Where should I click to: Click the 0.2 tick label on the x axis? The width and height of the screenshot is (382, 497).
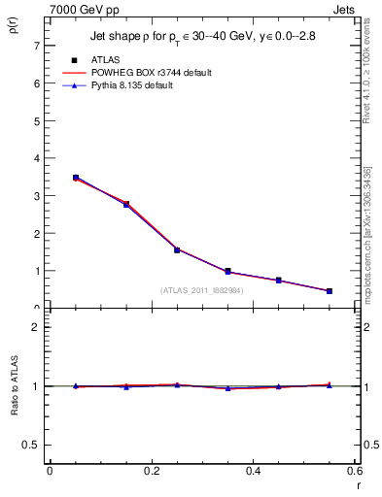(x=151, y=471)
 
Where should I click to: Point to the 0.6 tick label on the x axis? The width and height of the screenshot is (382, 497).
(x=354, y=471)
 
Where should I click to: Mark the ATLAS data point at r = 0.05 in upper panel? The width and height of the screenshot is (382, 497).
(x=76, y=178)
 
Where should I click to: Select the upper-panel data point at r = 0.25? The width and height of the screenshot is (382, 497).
(x=177, y=249)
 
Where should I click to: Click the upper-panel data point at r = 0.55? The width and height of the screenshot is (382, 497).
(x=330, y=291)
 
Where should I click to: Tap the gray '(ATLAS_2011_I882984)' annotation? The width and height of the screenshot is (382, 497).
(x=201, y=289)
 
